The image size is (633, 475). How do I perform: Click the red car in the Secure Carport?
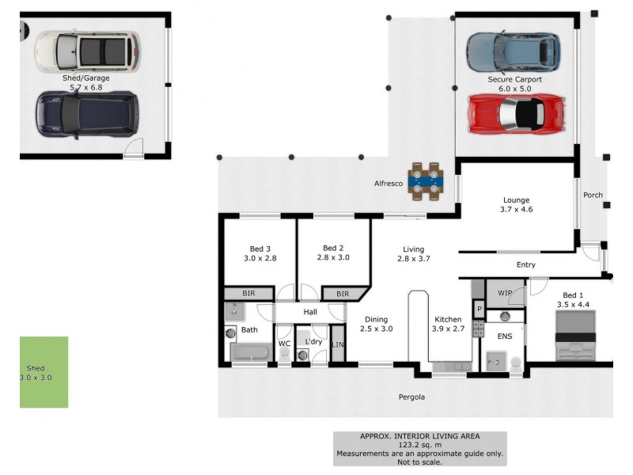pos(517,114)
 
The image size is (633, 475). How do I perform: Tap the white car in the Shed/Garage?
pos(88,51)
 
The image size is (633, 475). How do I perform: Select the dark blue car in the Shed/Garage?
pos(87,115)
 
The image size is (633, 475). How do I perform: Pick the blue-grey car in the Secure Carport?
pos(514,51)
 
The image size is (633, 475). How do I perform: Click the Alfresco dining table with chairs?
pos(426,181)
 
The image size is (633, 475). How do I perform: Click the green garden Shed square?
pos(44,372)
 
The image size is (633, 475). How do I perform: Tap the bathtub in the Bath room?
pos(251,352)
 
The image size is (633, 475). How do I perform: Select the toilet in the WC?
pos(284,354)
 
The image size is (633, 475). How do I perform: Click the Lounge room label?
pos(517,200)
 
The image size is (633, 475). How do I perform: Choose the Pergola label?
pos(411,397)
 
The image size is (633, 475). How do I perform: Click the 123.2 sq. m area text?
pos(420,445)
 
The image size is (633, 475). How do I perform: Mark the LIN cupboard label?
pos(338,344)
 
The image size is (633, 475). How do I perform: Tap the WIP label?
pos(505,293)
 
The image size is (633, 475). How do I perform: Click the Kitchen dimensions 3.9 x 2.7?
pos(448,329)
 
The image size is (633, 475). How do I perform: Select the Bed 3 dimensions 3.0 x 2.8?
pos(260,258)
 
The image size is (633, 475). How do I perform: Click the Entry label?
pos(526,264)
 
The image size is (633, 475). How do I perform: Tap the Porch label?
pos(593,195)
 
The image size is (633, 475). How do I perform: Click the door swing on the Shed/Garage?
pos(134,147)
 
